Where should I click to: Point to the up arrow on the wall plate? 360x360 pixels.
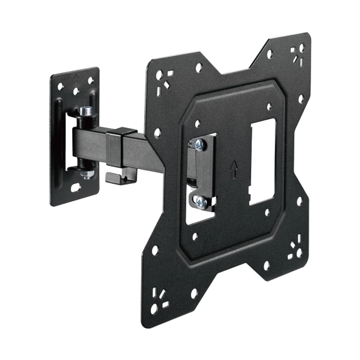(x=76, y=78)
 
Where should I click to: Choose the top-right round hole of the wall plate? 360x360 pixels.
(x=91, y=80)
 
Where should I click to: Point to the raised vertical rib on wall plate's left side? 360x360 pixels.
(x=59, y=135)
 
